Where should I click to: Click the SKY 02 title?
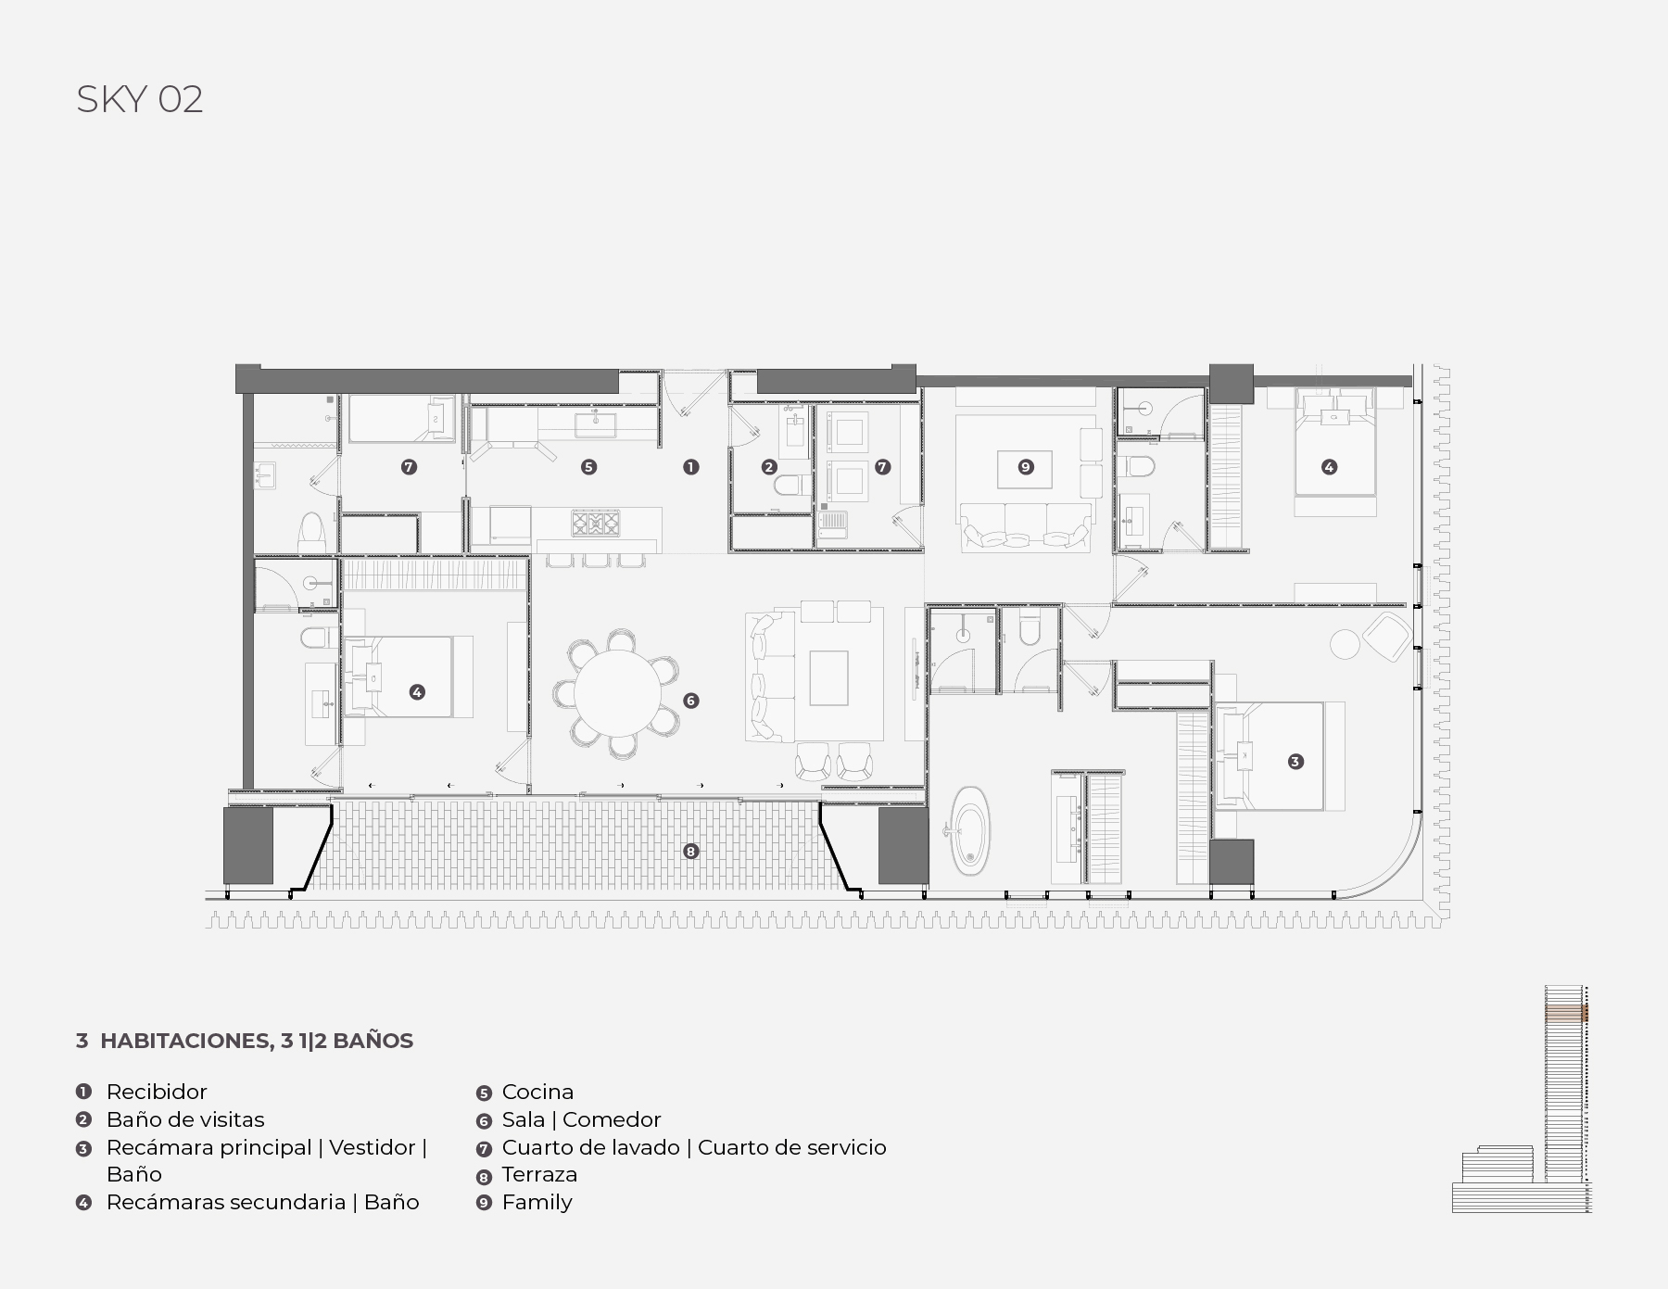pos(140,99)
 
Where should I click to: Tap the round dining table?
pos(617,692)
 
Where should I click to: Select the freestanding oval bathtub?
pos(970,829)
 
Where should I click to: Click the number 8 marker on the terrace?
pos(690,851)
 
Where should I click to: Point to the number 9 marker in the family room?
pos(1026,467)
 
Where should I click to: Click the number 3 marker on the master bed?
pos(1295,762)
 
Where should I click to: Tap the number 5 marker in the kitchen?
pos(588,467)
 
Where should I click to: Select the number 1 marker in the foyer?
pos(690,467)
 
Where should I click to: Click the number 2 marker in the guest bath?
pos(769,467)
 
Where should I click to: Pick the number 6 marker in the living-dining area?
pos(690,701)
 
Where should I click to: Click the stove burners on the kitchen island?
pos(596,524)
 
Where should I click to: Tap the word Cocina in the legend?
pos(537,1092)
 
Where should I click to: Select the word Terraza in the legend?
pos(539,1174)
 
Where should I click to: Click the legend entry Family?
pos(537,1203)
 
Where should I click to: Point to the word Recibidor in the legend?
pos(157,1092)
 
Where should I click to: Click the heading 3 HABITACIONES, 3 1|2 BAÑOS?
pos(245,1041)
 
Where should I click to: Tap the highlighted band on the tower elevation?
pos(1566,1014)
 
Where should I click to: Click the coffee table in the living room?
pos(829,678)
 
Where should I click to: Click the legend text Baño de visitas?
pos(185,1119)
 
